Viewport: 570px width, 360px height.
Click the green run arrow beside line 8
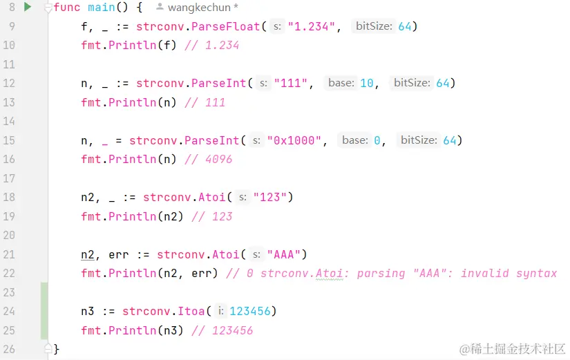pos(28,7)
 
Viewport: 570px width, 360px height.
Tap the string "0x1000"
pos(298,140)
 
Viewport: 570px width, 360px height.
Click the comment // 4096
pos(209,159)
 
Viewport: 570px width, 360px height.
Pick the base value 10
pos(367,84)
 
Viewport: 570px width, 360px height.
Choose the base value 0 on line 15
pos(377,140)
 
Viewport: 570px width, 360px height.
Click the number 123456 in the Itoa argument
pos(250,311)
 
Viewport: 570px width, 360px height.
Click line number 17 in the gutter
pos(10,178)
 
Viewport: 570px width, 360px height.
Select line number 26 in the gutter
pos(10,349)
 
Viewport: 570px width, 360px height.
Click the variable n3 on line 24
pos(88,311)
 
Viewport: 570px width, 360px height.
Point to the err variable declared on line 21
pos(119,254)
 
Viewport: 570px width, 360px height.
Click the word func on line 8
pos(66,8)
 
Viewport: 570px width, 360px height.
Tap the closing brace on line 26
pos(57,349)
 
